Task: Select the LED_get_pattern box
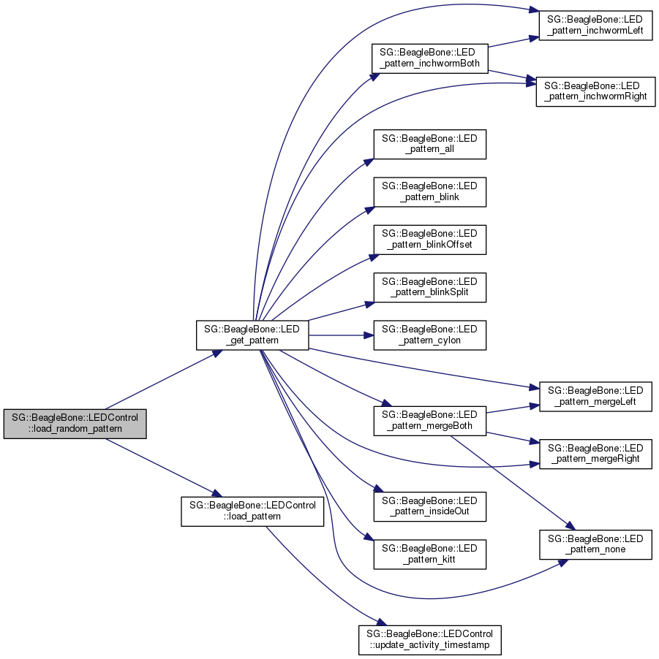252,335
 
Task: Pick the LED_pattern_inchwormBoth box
429,58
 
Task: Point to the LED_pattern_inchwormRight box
595,91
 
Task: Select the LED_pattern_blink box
429,191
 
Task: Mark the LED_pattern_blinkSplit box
429,287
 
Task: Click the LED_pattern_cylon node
429,335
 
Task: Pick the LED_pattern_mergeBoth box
429,419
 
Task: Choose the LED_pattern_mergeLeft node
595,396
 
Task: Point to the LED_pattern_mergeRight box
595,453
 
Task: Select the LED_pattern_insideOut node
429,506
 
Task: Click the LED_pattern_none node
595,544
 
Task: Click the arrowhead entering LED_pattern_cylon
369,335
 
